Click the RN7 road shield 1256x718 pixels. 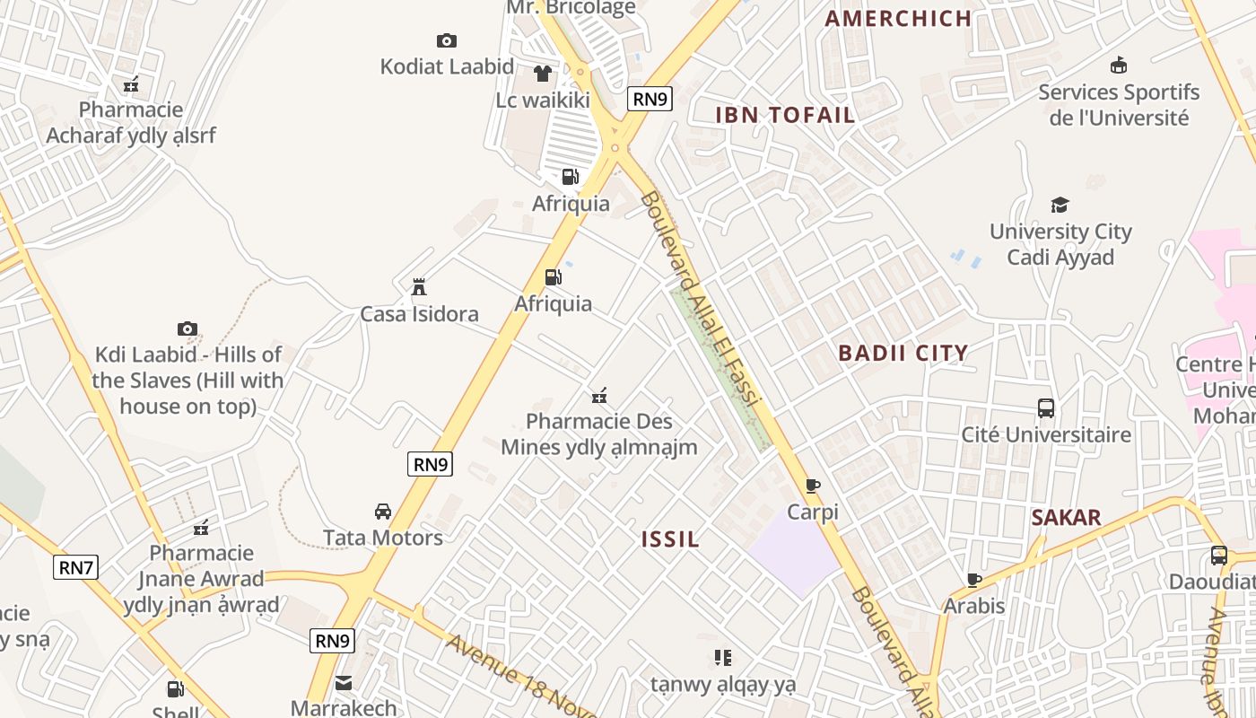click(75, 567)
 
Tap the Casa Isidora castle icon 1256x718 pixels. click(418, 287)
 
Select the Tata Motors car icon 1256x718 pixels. click(383, 512)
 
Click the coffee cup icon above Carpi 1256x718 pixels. click(813, 486)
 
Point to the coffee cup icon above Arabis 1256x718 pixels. click(974, 580)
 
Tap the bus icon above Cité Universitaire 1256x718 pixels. click(1046, 408)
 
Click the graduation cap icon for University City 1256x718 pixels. click(1060, 205)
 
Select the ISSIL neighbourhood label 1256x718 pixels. click(670, 539)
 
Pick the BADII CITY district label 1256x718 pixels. click(903, 353)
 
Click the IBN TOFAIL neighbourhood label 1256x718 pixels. click(785, 115)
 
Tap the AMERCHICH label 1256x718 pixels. click(898, 18)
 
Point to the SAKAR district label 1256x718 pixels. click(1066, 518)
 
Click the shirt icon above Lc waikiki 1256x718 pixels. click(543, 74)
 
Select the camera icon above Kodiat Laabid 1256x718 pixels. click(447, 40)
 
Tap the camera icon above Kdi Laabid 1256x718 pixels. click(187, 328)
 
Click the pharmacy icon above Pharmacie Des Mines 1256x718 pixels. click(599, 395)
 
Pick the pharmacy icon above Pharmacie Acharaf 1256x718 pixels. click(131, 84)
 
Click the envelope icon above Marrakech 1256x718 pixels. click(344, 683)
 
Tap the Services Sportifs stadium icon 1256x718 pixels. click(1119, 66)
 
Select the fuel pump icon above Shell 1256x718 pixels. click(175, 689)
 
